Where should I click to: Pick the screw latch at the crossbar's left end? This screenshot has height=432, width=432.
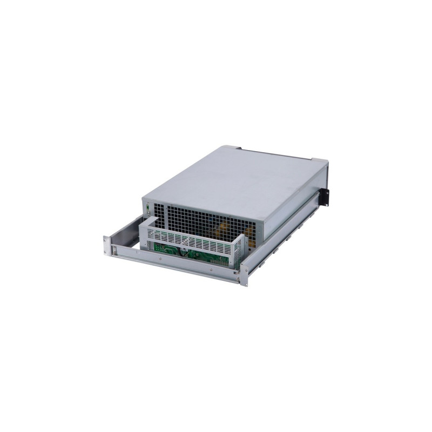[114, 249]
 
